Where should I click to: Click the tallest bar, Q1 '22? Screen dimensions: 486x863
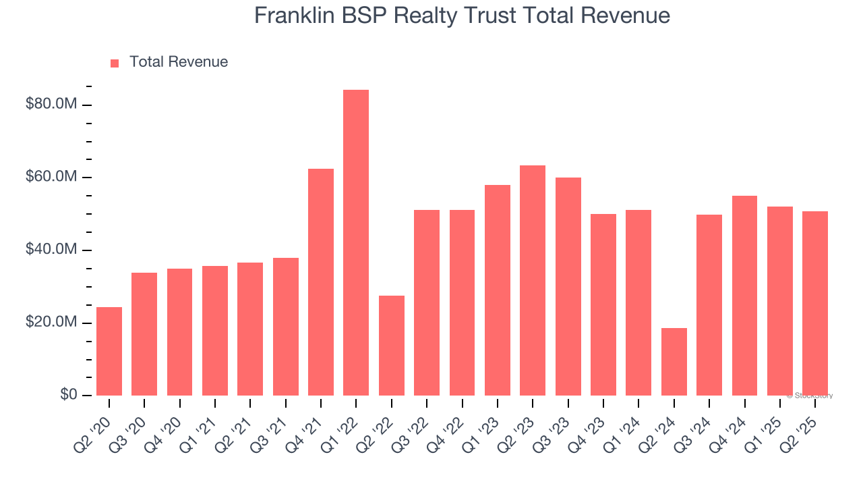click(x=356, y=243)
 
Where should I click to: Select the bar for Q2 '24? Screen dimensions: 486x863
click(x=674, y=362)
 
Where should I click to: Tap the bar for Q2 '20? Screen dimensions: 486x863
click(x=109, y=351)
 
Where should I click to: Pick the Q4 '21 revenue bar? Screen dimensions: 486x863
click(x=321, y=282)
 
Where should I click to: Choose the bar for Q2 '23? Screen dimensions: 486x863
click(x=533, y=280)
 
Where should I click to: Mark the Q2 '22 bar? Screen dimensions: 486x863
click(x=392, y=346)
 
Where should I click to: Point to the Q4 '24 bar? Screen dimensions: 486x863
click(x=744, y=296)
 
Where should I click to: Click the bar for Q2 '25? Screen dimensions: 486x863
click(x=815, y=303)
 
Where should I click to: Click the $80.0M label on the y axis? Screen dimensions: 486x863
click(x=51, y=105)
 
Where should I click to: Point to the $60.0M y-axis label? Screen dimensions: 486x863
click(x=51, y=178)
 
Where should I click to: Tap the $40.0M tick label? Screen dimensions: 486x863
click(x=51, y=250)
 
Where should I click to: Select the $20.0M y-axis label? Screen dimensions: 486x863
click(x=51, y=323)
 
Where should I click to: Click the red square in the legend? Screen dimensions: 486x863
click(x=115, y=63)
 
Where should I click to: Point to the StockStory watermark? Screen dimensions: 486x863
click(x=810, y=396)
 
